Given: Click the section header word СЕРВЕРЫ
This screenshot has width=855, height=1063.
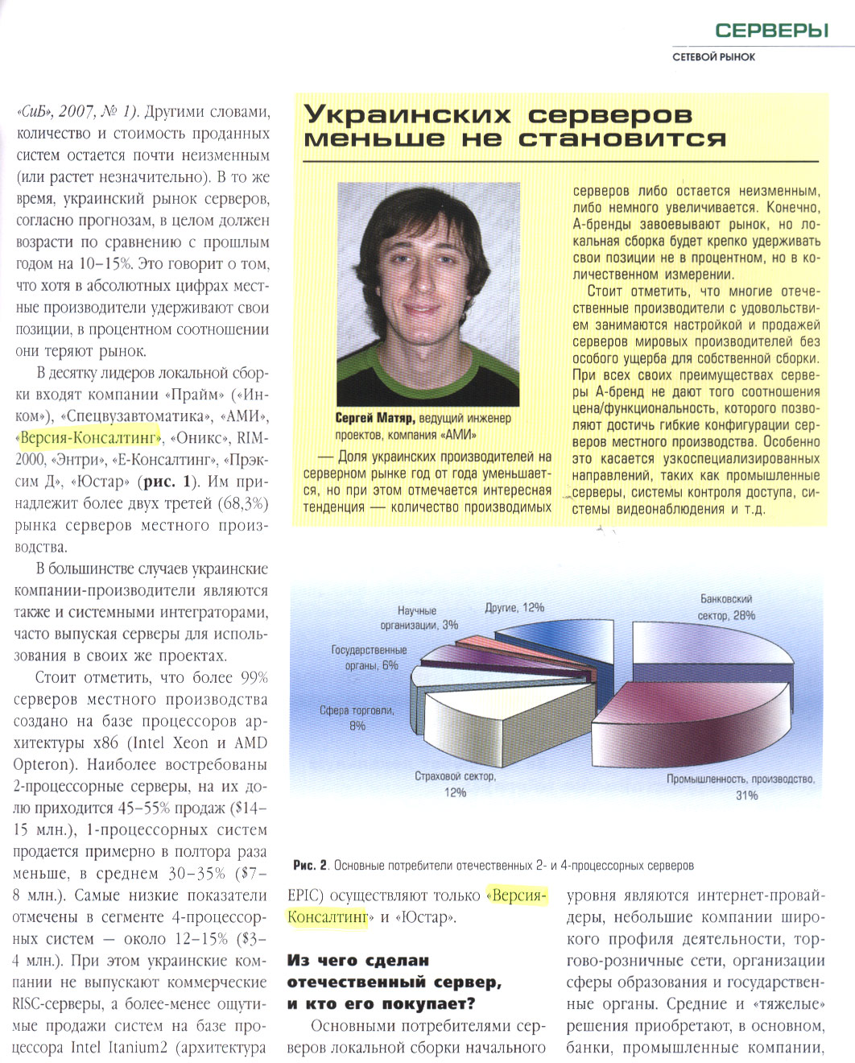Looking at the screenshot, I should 771,31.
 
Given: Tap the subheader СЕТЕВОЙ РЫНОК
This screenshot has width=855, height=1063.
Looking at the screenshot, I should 713,57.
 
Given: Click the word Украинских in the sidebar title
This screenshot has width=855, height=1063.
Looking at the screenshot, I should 407,114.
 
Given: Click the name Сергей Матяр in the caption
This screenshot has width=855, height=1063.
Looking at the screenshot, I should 375,418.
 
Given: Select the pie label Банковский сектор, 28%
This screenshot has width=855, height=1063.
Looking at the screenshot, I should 725,608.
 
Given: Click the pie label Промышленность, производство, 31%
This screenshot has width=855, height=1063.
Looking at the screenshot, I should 741,787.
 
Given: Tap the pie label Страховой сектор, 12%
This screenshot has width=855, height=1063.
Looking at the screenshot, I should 455,784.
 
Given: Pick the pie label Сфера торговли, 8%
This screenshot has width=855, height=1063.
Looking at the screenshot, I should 357,718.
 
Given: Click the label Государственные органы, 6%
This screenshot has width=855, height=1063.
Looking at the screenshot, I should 370,657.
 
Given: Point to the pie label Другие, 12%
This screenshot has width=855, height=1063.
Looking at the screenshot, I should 514,607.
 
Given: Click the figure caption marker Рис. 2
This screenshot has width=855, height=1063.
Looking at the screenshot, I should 310,866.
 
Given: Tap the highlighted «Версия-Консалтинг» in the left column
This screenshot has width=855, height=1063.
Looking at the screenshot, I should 89,438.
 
